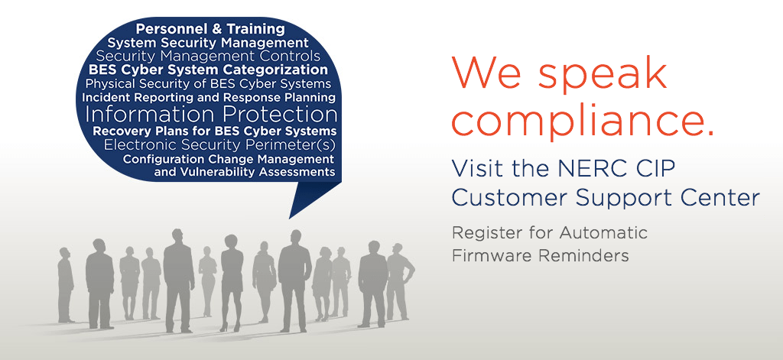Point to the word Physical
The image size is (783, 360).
[107, 83]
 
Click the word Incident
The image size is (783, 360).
[100, 97]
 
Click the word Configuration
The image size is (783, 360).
[164, 160]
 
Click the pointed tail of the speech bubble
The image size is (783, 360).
[290, 218]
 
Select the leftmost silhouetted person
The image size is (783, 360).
[66, 285]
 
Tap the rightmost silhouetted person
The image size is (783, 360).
[399, 281]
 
